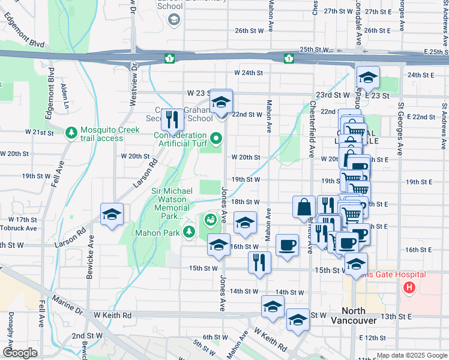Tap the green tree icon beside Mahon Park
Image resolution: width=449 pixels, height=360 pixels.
point(190,232)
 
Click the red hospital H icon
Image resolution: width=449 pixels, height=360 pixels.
point(410,289)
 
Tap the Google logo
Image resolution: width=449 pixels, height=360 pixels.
point(20,353)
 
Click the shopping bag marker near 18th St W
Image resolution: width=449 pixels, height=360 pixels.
point(304,207)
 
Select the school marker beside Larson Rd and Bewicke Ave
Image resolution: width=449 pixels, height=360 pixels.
point(112,214)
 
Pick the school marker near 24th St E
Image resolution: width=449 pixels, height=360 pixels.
point(368,77)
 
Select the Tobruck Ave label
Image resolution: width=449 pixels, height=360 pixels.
point(22,228)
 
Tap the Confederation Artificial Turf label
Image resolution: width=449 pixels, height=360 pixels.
point(179,139)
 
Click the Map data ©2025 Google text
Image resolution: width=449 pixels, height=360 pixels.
point(411,355)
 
